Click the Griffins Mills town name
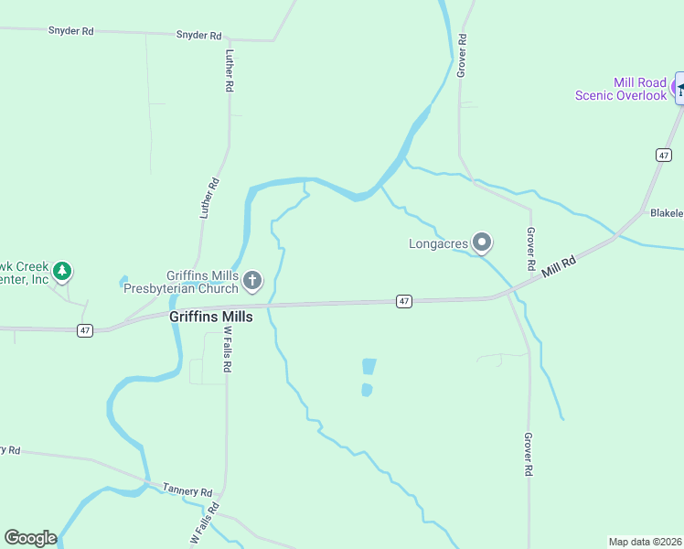coord(210,317)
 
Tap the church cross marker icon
coord(253,279)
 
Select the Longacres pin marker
coord(482,242)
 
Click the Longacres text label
coord(439,243)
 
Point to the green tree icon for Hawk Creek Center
coord(62,271)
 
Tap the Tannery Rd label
coord(187,490)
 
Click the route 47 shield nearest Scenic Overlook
coord(663,156)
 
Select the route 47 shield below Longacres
coord(403,301)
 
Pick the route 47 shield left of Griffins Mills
coord(85,330)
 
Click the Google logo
coord(30,538)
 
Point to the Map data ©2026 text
coord(645,541)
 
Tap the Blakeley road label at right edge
coord(667,213)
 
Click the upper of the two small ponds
coord(369,366)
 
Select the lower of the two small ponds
coord(367,390)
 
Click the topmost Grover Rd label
coord(464,55)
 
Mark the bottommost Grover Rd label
coord(528,454)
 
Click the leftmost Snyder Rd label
coord(71,31)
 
